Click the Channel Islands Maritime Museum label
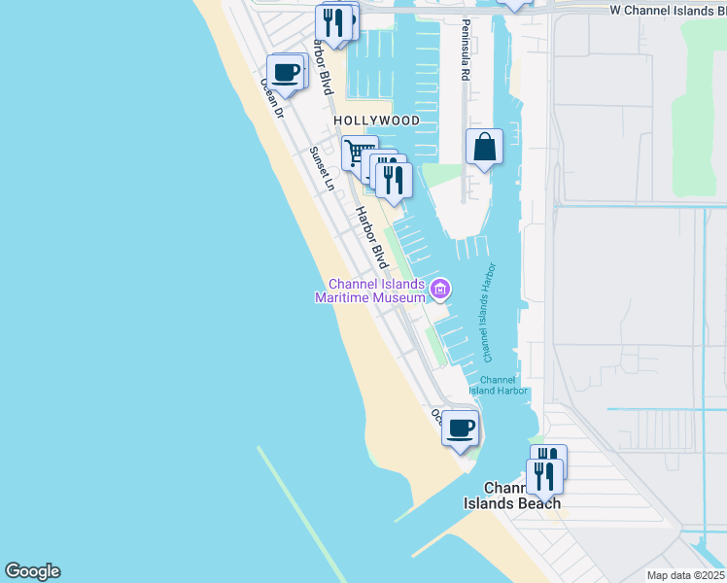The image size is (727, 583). click(370, 291)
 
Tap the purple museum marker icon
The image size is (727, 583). click(440, 289)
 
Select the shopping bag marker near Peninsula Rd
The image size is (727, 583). click(484, 148)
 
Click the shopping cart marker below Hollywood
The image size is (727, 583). click(359, 154)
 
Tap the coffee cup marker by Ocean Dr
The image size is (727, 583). click(286, 72)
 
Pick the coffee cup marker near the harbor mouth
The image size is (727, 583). click(460, 427)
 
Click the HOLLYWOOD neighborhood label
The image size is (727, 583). click(376, 120)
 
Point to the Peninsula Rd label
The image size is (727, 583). click(467, 49)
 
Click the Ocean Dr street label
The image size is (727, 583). click(271, 97)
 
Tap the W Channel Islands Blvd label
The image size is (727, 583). click(667, 10)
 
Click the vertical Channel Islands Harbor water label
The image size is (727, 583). click(488, 307)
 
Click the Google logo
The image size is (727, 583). click(32, 571)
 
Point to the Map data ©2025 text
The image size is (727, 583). click(684, 575)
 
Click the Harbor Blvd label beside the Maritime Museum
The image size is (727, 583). click(371, 237)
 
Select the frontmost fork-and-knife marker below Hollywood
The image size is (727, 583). click(394, 180)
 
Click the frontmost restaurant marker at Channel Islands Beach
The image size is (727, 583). click(544, 476)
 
